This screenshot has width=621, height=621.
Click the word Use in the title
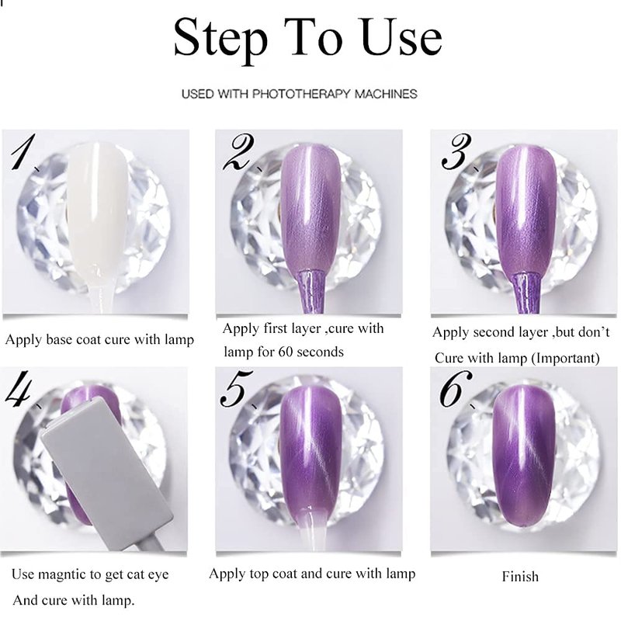pyautogui.click(x=401, y=36)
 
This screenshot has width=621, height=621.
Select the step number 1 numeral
pyautogui.click(x=23, y=152)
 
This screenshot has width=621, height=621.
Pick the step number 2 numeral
pyautogui.click(x=238, y=152)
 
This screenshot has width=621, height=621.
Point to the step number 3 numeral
pyautogui.click(x=456, y=151)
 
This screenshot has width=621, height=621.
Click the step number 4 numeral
pyautogui.click(x=19, y=388)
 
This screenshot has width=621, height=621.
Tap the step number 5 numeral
pyautogui.click(x=235, y=388)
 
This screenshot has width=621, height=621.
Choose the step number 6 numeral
pyautogui.click(x=455, y=388)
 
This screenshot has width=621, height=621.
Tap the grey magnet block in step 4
pyautogui.click(x=107, y=471)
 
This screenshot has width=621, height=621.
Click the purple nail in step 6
pyautogui.click(x=523, y=456)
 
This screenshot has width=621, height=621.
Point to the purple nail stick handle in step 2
pyautogui.click(x=312, y=291)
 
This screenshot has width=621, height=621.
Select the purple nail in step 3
pyautogui.click(x=526, y=210)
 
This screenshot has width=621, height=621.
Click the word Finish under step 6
pyautogui.click(x=520, y=577)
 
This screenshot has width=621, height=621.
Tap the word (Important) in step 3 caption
pyautogui.click(x=565, y=359)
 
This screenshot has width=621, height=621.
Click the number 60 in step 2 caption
pyautogui.click(x=286, y=352)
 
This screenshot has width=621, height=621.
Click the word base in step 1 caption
pyautogui.click(x=60, y=340)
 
